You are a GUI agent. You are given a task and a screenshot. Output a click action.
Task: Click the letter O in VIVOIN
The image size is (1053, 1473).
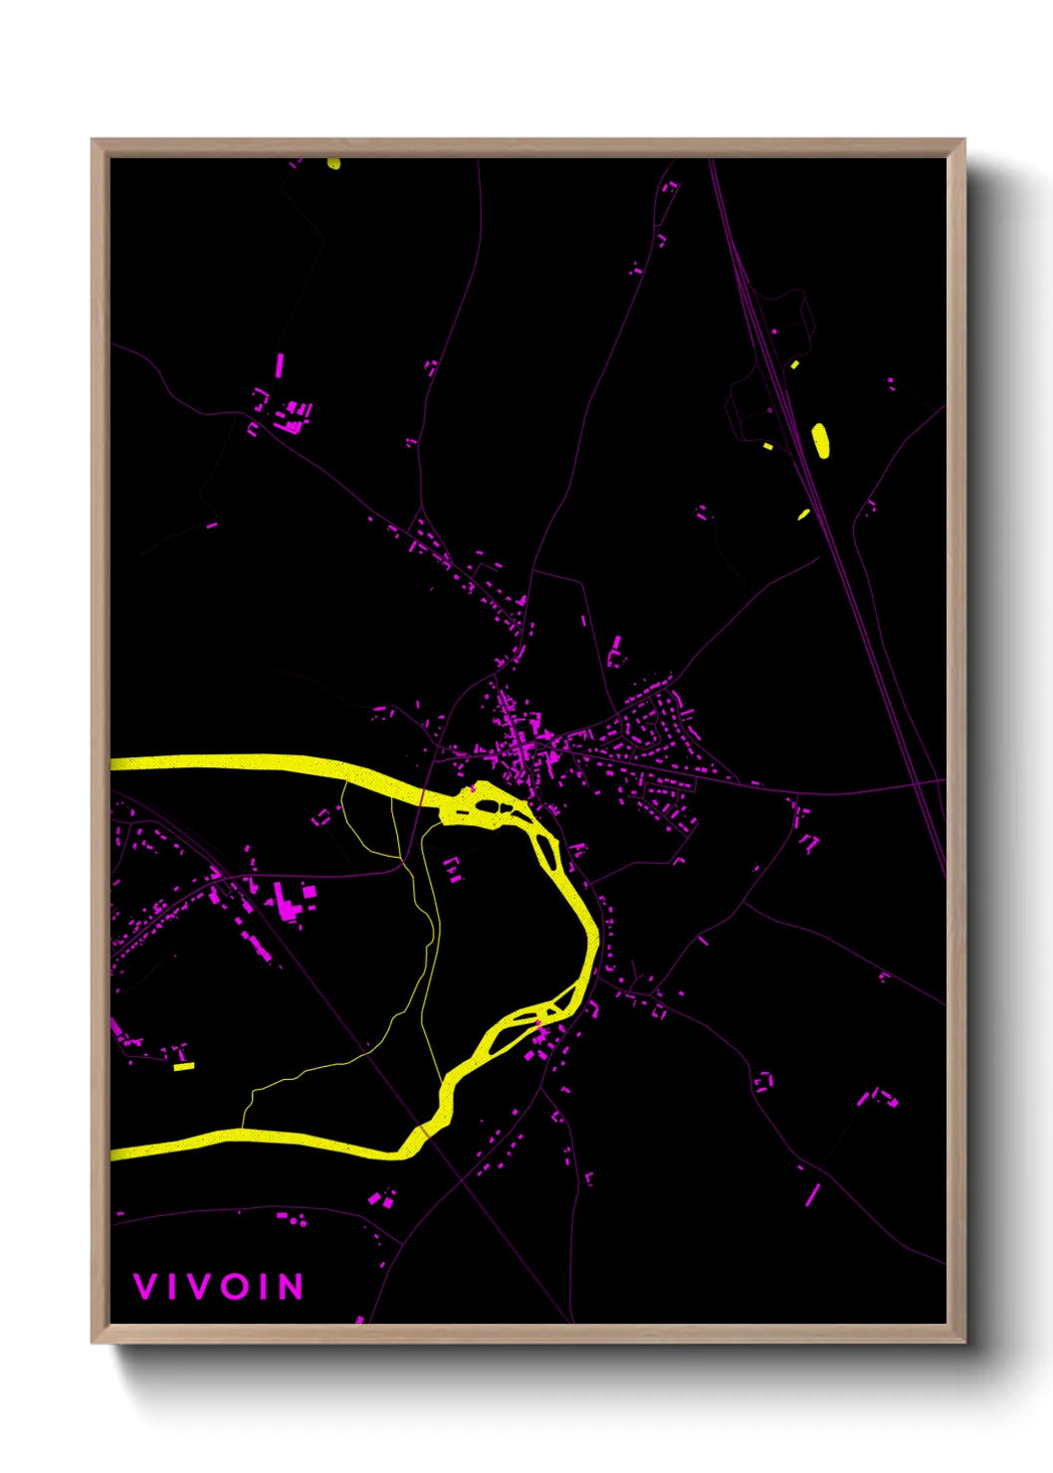[x=237, y=1287]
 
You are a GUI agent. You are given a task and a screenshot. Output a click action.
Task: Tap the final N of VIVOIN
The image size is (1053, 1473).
[x=291, y=1287]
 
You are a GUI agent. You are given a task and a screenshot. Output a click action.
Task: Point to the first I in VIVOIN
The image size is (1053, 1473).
[x=172, y=1287]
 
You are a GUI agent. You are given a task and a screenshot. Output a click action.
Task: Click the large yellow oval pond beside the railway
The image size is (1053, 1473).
[x=820, y=440]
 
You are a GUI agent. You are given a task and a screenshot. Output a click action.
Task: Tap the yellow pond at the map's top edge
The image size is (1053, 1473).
[x=333, y=163]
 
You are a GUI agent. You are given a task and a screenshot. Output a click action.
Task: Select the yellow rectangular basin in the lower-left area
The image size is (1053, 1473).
[x=184, y=1066]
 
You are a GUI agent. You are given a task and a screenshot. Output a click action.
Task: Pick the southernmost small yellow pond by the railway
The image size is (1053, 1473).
[x=803, y=515]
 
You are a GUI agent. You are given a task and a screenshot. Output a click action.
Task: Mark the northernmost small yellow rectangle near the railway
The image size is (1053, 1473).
[x=794, y=365]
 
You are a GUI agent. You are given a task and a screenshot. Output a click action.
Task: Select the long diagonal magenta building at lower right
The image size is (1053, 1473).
[x=812, y=1194]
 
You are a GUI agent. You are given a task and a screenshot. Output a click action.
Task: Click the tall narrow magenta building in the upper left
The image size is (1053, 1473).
[x=280, y=365]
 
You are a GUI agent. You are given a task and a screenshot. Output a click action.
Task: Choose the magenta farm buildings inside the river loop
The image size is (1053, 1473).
[x=453, y=869]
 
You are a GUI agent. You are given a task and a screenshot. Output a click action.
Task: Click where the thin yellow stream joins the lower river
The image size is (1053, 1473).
[x=244, y=1131]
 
